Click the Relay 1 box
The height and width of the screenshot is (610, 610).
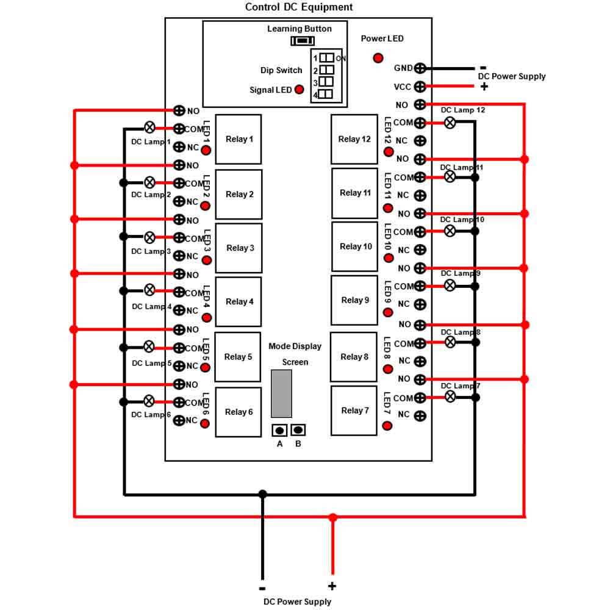[x=238, y=139]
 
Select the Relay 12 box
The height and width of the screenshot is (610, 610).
[x=354, y=139]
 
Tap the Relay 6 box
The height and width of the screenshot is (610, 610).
[x=238, y=412]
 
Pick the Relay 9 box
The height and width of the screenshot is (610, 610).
[x=354, y=300]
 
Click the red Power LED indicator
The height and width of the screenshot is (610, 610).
[x=378, y=59]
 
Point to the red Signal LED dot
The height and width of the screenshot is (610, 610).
[x=299, y=90]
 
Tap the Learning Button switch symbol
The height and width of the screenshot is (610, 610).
[x=303, y=40]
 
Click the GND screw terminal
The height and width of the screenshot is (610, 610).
[x=420, y=68]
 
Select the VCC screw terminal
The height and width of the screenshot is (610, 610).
[x=420, y=87]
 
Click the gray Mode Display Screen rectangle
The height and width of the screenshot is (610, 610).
[x=281, y=393]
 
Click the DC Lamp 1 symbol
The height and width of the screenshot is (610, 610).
[x=149, y=127]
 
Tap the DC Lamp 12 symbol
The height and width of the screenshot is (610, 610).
[x=450, y=123]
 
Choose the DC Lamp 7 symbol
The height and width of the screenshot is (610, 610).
[x=450, y=397]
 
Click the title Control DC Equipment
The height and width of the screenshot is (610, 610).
[x=299, y=7]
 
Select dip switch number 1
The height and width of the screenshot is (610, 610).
[x=327, y=58]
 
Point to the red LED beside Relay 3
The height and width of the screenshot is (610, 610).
[x=207, y=260]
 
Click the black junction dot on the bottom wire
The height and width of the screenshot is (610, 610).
[x=262, y=494]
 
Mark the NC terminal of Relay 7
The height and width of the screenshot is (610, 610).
[x=420, y=416]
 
